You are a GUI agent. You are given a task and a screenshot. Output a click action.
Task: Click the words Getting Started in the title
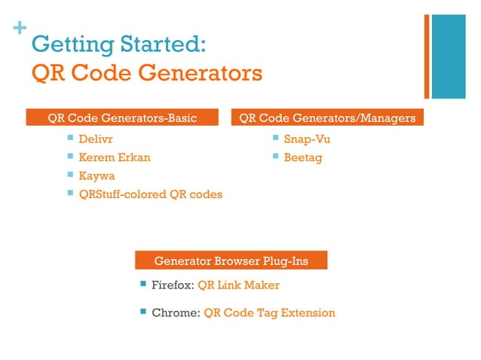[117, 45]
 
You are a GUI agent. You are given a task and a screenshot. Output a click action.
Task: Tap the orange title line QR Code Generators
[146, 74]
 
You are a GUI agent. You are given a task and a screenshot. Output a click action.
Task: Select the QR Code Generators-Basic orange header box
[122, 118]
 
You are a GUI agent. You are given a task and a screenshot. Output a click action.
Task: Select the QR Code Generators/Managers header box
[327, 118]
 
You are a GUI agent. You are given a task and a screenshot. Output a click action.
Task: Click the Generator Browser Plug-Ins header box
[231, 261]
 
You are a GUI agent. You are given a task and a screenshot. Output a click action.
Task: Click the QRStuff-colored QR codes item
[151, 194]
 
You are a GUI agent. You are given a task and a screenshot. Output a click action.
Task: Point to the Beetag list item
[302, 157]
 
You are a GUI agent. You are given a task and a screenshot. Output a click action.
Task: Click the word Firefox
[173, 285]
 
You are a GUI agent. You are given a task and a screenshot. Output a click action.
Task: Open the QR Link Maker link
[238, 285]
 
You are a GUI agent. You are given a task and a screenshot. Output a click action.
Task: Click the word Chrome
[175, 313]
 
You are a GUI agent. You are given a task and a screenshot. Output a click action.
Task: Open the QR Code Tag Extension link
[269, 313]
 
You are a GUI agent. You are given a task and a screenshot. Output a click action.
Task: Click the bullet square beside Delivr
[70, 138]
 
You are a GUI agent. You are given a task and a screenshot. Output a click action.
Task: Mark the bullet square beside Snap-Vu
[275, 138]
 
